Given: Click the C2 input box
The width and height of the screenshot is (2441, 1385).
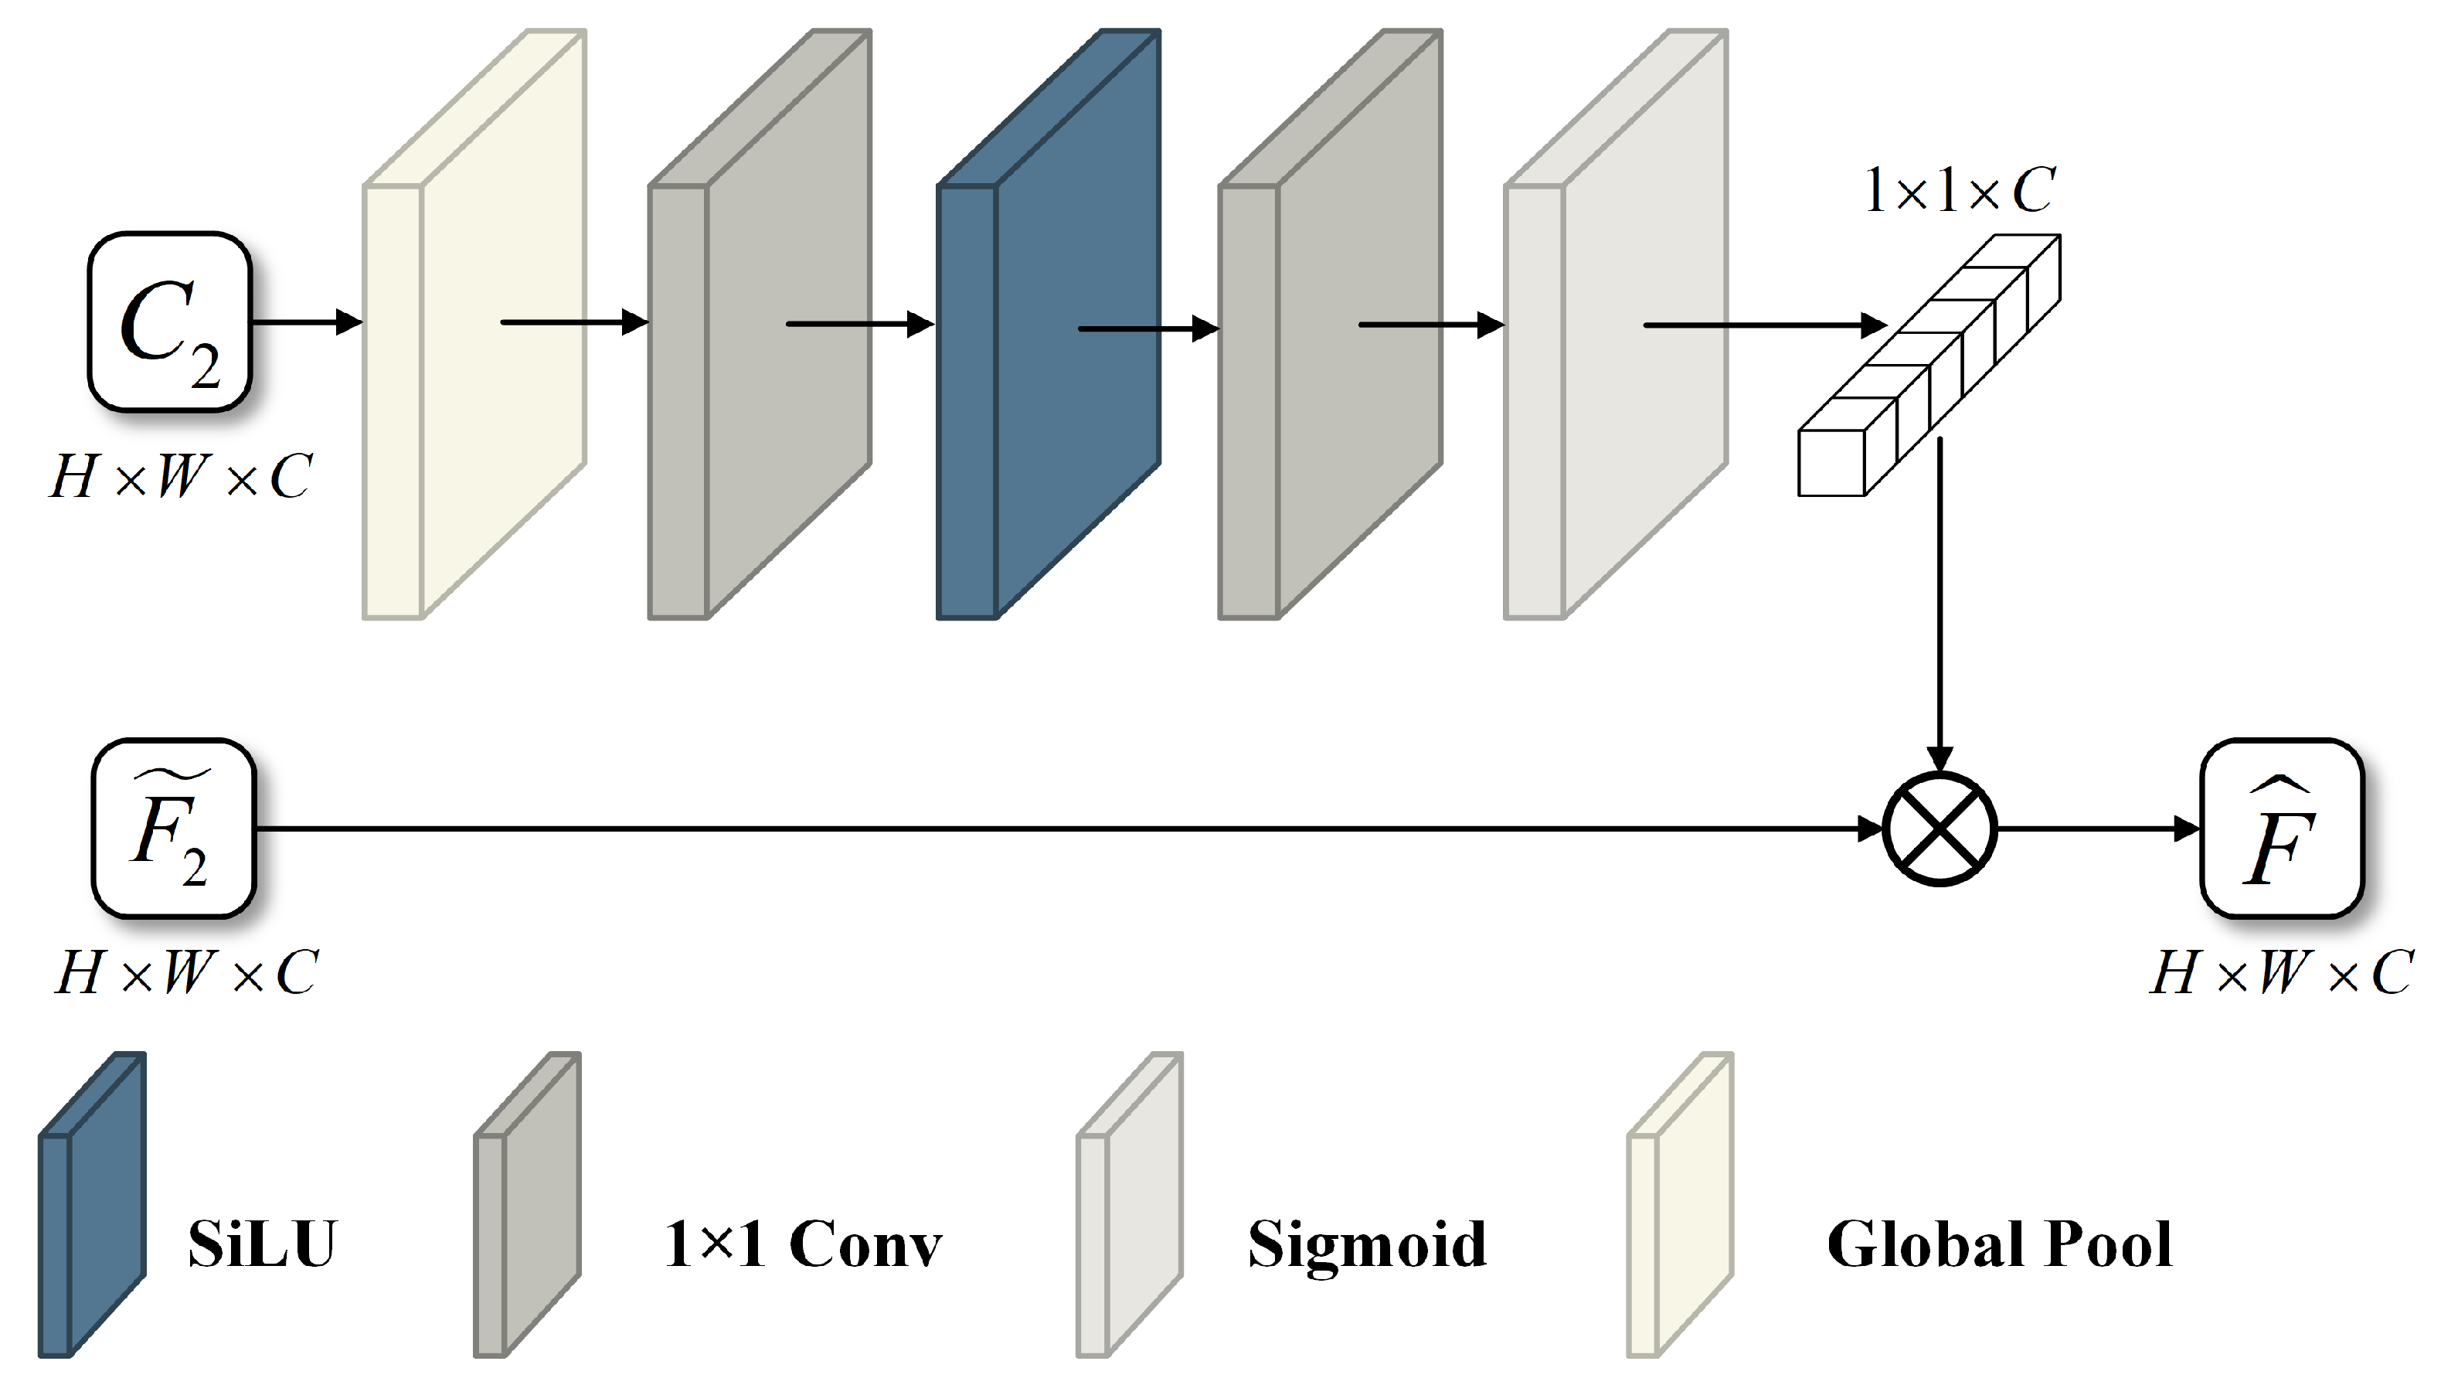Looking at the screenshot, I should pyautogui.click(x=169, y=322).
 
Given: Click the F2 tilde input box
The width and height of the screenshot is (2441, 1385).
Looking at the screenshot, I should pyautogui.click(x=174, y=829).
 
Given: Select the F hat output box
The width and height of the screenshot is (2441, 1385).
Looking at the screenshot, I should pyautogui.click(x=2281, y=829).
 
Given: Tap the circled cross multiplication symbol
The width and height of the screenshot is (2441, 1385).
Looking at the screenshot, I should pyautogui.click(x=1939, y=829).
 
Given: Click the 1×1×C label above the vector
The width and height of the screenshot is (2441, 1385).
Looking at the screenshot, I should pyautogui.click(x=1959, y=190).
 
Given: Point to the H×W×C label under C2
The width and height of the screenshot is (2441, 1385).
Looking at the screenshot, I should pyautogui.click(x=181, y=475).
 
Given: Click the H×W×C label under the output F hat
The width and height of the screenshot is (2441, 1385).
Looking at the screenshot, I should pyautogui.click(x=2281, y=972).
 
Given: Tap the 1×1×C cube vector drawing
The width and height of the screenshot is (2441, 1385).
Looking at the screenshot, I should pyautogui.click(x=1930, y=366).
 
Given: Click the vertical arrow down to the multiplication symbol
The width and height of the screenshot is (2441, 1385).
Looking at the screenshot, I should pyautogui.click(x=1939, y=609).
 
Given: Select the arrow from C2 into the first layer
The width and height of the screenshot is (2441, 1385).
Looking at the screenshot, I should pyautogui.click(x=304, y=322).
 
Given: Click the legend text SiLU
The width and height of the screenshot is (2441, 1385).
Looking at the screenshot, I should pyautogui.click(x=261, y=1244).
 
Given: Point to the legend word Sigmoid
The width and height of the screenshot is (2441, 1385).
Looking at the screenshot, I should pyautogui.click(x=1366, y=1244).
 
